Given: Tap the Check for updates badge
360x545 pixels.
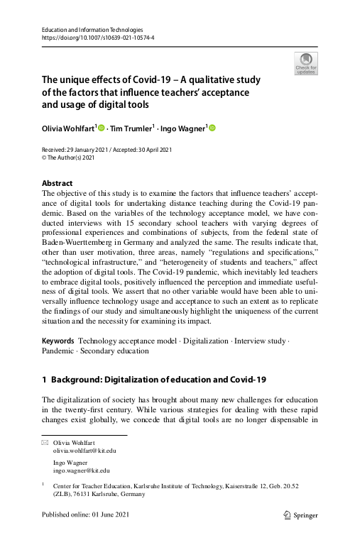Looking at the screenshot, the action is coord(306,63).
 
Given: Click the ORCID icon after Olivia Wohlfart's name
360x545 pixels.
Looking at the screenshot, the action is coord(101,128).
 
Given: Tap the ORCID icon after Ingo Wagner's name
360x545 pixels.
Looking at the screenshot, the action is coord(211,128).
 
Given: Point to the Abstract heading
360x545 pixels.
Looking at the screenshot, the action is coord(57,183).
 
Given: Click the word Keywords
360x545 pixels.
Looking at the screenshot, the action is coord(58,341).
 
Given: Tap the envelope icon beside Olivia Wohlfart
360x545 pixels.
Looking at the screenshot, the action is coord(45,442).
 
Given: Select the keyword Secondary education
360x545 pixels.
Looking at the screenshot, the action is coord(114,351).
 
